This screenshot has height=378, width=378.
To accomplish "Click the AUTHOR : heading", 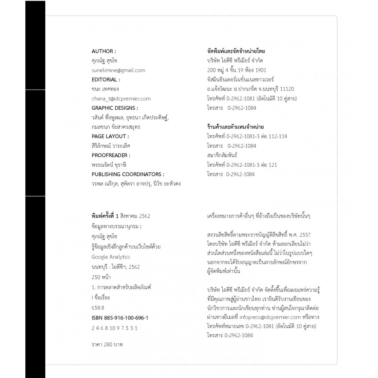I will [x=104, y=51].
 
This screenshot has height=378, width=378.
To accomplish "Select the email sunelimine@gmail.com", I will [x=118, y=70].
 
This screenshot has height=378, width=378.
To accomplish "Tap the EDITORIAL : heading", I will [x=106, y=80].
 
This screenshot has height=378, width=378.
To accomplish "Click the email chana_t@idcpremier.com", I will [x=121, y=99].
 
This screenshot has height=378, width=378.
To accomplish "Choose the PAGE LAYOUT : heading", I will [x=110, y=136].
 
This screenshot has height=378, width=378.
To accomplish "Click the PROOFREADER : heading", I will [x=111, y=155].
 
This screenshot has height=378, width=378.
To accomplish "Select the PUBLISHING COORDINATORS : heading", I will [x=128, y=174].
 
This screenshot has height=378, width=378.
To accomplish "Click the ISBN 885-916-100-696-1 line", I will [x=120, y=318].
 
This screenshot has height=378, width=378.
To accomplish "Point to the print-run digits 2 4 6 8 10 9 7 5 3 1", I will [x=112, y=328].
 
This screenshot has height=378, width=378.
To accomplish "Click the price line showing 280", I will [x=107, y=345].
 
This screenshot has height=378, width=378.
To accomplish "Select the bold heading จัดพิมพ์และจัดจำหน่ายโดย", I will [x=236, y=51].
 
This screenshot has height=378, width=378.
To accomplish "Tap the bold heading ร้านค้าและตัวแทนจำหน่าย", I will [x=235, y=127].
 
